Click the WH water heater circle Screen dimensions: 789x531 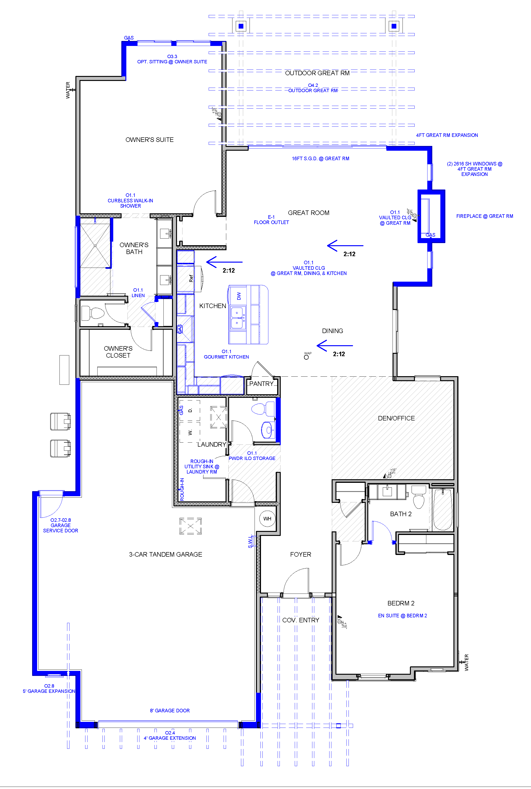point(267,519)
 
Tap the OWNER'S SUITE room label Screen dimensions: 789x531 point(149,140)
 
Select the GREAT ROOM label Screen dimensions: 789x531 point(309,213)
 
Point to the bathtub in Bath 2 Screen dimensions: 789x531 point(442,509)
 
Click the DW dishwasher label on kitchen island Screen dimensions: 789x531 point(239,296)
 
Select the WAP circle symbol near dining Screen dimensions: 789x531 point(306,357)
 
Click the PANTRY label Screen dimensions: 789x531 point(261,384)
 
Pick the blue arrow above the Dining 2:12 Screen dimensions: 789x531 point(334,346)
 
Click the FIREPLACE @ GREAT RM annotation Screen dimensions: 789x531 point(484,216)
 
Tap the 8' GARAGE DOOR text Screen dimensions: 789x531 point(170,710)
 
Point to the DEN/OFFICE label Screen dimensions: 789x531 point(396,418)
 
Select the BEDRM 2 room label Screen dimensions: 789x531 point(401,603)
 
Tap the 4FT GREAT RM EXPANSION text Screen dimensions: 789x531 point(447,135)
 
